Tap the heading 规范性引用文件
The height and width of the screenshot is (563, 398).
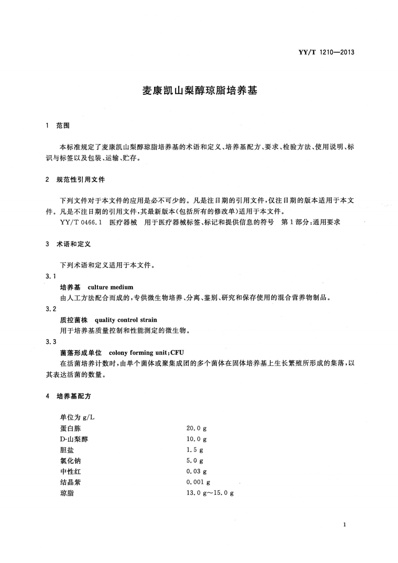[x=80, y=179]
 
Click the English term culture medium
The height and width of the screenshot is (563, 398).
[x=110, y=288]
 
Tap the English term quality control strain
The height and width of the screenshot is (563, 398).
[x=125, y=320]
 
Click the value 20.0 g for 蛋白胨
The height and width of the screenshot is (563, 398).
[x=196, y=428]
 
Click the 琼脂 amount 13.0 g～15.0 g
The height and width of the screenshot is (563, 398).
[x=210, y=493]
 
